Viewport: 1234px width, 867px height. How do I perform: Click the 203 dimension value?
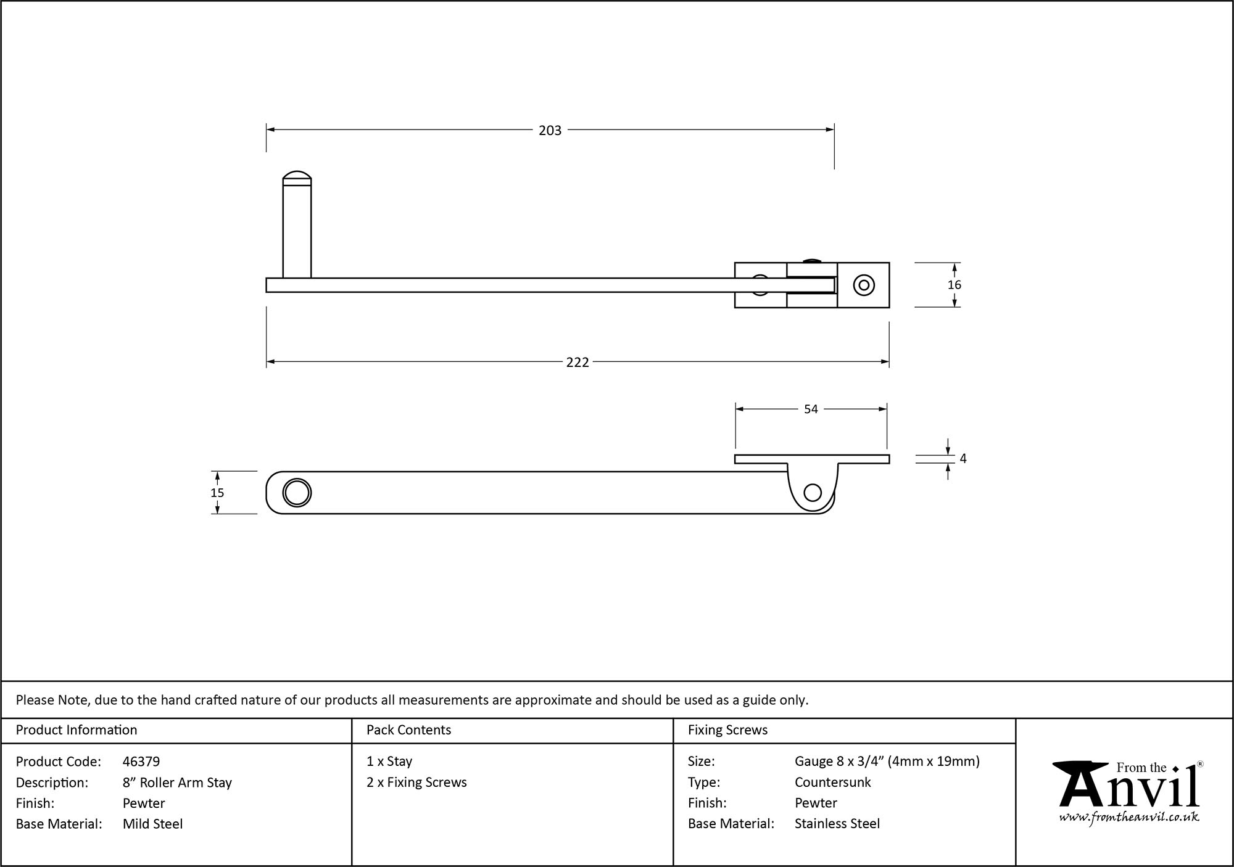click(550, 131)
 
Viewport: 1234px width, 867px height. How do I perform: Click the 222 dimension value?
click(578, 363)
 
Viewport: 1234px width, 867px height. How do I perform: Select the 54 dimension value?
click(811, 409)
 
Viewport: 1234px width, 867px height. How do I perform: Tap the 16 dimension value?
click(954, 285)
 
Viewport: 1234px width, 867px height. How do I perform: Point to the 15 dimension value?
click(217, 493)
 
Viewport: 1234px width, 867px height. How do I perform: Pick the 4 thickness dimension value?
click(963, 459)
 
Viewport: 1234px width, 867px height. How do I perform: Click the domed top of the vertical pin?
click(297, 176)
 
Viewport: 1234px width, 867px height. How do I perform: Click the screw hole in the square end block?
click(864, 286)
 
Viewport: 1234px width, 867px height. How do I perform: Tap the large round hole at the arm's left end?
click(297, 493)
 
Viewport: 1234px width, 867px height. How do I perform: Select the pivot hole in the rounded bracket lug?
click(813, 493)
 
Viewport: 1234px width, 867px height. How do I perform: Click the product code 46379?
click(141, 762)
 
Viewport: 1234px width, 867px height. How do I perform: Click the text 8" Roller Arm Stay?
click(177, 783)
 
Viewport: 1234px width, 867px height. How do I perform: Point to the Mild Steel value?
click(152, 824)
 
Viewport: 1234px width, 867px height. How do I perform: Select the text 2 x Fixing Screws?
click(416, 783)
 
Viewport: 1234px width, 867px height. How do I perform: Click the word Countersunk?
click(832, 783)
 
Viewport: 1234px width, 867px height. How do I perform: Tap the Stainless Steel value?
click(837, 824)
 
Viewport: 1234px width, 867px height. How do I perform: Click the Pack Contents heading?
click(408, 730)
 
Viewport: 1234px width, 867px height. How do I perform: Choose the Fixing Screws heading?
click(727, 730)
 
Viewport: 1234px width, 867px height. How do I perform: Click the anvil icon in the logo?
click(1079, 783)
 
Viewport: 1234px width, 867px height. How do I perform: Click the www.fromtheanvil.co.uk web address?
click(1129, 818)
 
